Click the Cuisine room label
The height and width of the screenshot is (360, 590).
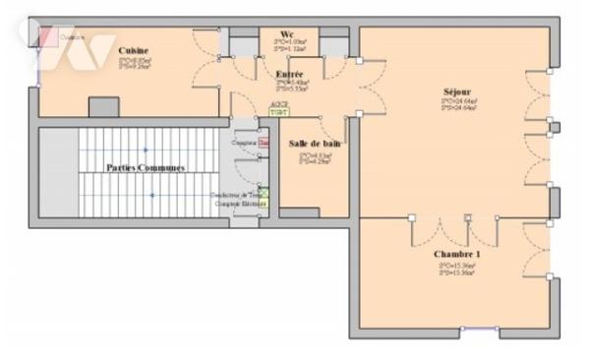tap(134, 50)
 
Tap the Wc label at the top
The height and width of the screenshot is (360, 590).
tap(287, 34)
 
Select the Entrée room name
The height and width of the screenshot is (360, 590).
tap(289, 74)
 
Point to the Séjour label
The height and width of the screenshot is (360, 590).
tap(456, 91)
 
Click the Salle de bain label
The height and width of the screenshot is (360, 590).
tap(316, 144)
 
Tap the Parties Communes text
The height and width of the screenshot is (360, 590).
tap(147, 168)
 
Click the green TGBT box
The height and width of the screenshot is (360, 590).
tap(279, 112)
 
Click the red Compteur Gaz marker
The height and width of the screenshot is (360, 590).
tap(263, 143)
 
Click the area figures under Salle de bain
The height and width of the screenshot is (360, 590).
tap(316, 158)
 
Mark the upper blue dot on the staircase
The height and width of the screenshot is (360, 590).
tap(145, 150)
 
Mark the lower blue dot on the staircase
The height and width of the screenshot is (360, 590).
tap(151, 195)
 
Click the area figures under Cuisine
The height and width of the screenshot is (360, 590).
tap(134, 64)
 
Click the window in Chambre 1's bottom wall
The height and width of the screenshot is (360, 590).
tap(478, 330)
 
